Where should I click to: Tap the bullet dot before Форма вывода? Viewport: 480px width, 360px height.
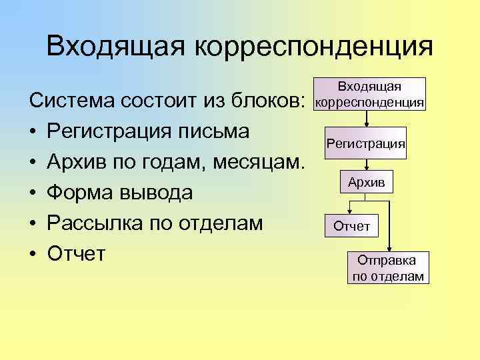click(x=33, y=193)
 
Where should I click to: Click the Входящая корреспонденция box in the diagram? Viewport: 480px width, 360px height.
click(x=369, y=95)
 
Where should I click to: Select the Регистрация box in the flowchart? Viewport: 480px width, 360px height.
click(x=365, y=143)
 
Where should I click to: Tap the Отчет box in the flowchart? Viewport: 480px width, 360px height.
click(x=351, y=226)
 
